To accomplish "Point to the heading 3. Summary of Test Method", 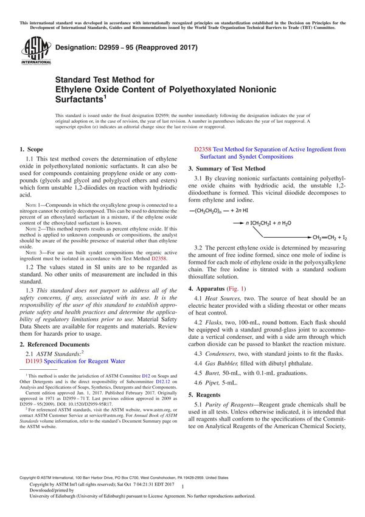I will (x=226, y=168).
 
